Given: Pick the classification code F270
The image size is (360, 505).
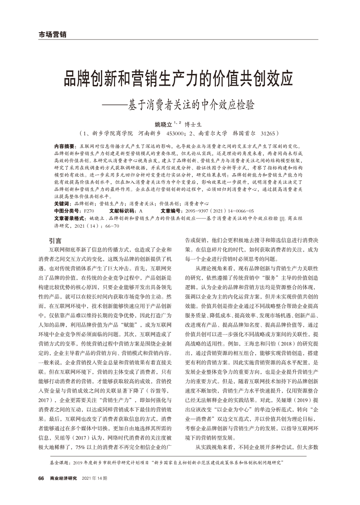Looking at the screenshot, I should pyautogui.click(x=89, y=210).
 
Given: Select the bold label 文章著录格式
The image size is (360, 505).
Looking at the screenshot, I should pyautogui.click(x=70, y=217).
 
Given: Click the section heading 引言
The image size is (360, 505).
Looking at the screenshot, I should pyautogui.click(x=56, y=240).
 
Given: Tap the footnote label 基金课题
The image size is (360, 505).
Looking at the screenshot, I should pyautogui.click(x=57, y=461).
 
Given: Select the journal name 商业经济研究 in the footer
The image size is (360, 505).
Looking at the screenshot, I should pyautogui.click(x=63, y=478).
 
